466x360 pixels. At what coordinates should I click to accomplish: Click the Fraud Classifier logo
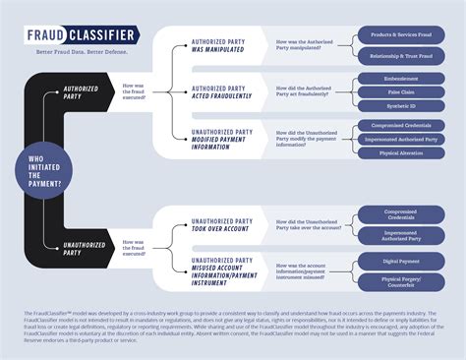(82, 36)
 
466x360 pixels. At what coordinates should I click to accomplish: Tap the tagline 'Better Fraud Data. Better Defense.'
(76, 50)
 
